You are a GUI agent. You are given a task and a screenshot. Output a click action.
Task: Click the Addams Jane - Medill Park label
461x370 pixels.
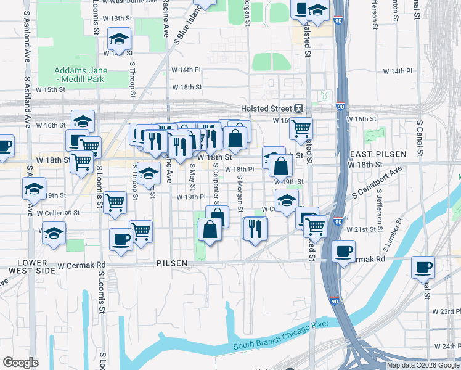pyautogui.click(x=80, y=75)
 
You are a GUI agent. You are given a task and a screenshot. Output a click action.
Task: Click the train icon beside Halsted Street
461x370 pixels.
pyautogui.click(x=298, y=108)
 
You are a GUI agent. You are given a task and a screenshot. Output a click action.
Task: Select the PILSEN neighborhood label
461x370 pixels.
pyautogui.click(x=171, y=263)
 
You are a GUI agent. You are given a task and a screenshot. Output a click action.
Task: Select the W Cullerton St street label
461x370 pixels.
pyautogui.click(x=59, y=213)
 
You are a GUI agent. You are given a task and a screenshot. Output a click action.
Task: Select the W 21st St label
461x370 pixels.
pyautogui.click(x=361, y=229)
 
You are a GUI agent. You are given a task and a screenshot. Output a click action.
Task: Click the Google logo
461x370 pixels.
pyautogui.click(x=20, y=363)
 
